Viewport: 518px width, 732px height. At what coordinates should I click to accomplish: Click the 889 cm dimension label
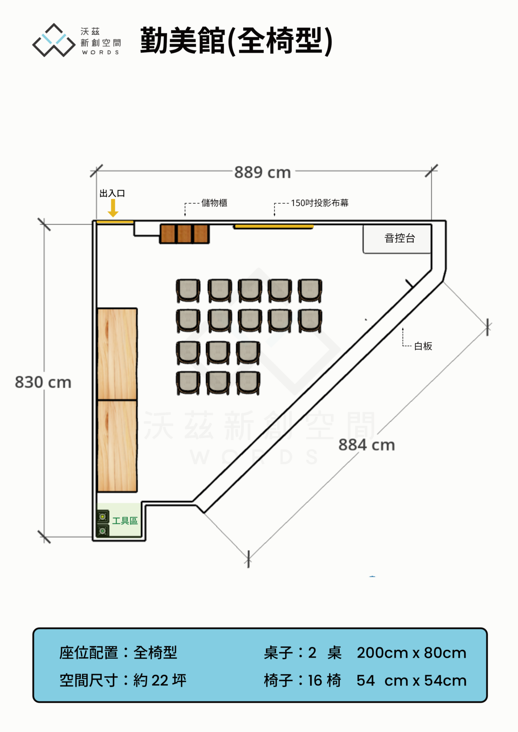click(x=263, y=172)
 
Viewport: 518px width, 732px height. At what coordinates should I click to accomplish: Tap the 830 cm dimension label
click(x=43, y=382)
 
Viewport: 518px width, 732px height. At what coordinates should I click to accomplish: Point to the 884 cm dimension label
click(x=367, y=445)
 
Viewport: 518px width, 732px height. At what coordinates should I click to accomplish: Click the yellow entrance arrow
click(x=113, y=208)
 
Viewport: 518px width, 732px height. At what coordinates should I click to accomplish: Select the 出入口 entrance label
click(x=112, y=193)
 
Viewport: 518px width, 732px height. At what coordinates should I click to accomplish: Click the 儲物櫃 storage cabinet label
click(x=214, y=203)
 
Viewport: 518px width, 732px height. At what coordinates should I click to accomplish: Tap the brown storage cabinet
click(x=185, y=234)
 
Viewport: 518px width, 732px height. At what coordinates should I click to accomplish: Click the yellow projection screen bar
click(x=274, y=226)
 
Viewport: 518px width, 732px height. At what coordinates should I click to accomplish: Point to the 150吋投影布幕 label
click(x=320, y=203)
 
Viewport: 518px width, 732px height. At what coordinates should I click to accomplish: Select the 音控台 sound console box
click(x=397, y=239)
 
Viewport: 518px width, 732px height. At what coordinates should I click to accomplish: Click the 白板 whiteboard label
click(x=423, y=346)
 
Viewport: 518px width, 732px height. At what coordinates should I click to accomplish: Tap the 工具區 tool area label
click(x=125, y=521)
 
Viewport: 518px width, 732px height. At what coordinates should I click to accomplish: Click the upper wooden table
click(x=117, y=354)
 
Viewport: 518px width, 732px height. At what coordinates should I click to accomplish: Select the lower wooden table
click(x=117, y=446)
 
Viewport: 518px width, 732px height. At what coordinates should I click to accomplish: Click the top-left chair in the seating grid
click(x=188, y=291)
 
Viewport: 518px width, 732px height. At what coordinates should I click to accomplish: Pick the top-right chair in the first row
click(x=310, y=291)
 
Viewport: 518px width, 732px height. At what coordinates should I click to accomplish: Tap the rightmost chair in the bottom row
click(x=248, y=383)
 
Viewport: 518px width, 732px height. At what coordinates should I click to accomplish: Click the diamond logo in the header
click(x=54, y=40)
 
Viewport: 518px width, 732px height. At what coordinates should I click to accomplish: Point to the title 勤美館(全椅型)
click(x=236, y=40)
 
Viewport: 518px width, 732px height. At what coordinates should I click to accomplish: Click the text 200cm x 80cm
click(x=412, y=653)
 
